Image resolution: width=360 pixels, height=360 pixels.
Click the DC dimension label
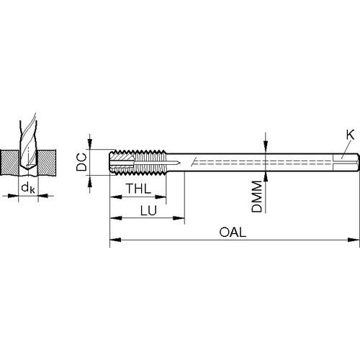click(81, 162)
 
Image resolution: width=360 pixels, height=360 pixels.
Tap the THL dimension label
click(138, 189)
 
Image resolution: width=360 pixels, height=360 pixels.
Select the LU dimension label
click(148, 210)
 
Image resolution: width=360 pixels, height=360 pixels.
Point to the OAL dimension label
click(233, 233)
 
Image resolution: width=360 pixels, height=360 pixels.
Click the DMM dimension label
click(257, 197)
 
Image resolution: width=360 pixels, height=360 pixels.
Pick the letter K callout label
click(350, 135)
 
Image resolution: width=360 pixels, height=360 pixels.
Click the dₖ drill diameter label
click(28, 187)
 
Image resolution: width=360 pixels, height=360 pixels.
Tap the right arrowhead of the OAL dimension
click(354, 240)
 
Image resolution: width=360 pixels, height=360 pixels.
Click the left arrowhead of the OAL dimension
click(116, 240)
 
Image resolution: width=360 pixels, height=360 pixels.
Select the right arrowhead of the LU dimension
click(179, 218)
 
